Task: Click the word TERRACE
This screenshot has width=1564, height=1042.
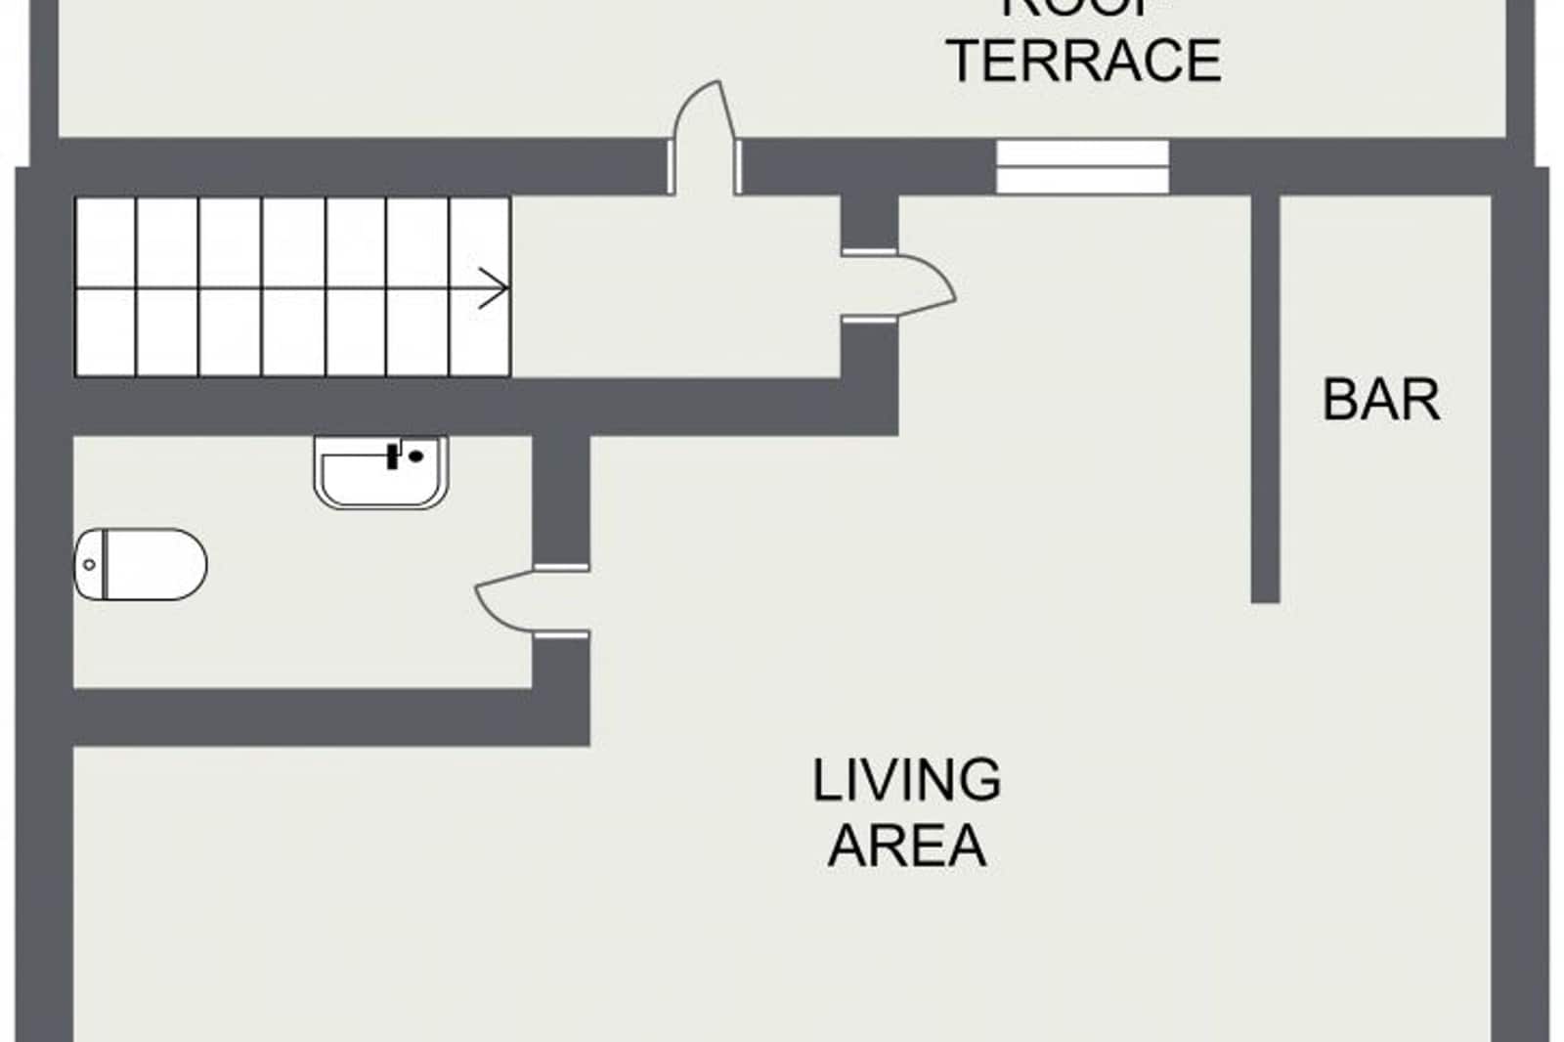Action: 1085,61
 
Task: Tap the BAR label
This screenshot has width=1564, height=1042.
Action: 1380,400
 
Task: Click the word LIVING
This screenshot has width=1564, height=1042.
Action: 906,780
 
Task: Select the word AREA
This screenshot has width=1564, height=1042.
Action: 906,846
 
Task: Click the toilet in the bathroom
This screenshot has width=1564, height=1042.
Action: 142,564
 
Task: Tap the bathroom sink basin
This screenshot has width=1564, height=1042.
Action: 381,474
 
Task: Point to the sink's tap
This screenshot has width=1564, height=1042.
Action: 394,456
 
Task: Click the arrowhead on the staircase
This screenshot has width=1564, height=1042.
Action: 496,289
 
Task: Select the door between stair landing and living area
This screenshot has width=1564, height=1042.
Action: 919,285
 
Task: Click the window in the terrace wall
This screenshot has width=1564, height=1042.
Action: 1082,166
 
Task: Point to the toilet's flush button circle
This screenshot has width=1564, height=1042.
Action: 90,564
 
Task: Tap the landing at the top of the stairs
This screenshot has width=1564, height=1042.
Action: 674,288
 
